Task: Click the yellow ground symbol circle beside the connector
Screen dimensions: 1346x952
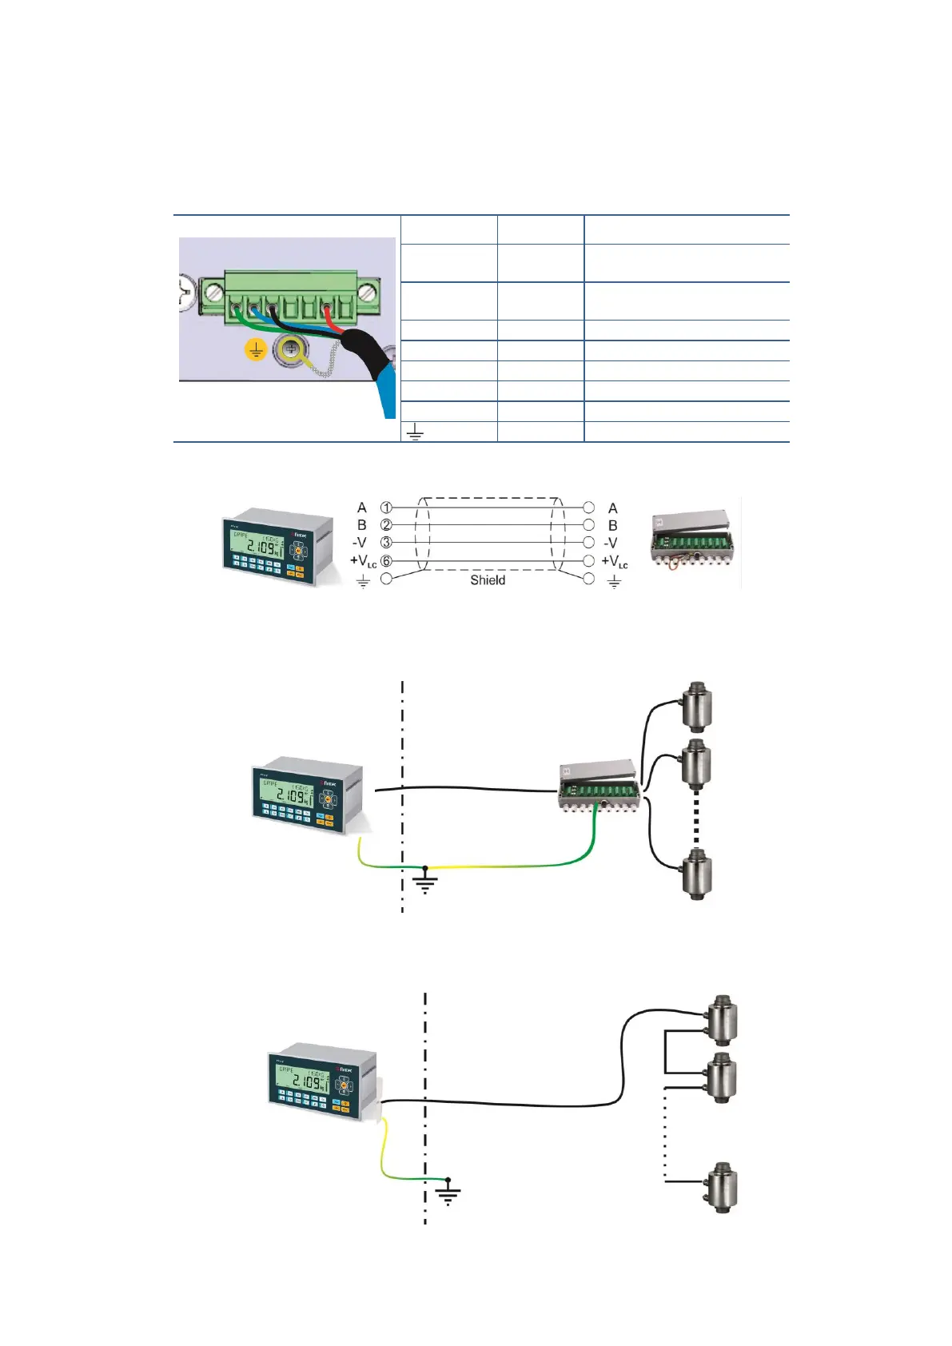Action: [255, 350]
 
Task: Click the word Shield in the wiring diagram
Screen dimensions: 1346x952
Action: [487, 580]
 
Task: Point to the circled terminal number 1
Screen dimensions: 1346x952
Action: [386, 508]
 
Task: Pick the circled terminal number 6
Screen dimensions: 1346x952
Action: [386, 561]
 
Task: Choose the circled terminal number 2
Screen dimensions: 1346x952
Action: [386, 525]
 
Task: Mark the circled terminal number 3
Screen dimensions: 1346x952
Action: [386, 543]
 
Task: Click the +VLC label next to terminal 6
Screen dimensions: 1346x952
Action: [363, 561]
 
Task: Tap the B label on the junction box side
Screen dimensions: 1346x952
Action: [613, 525]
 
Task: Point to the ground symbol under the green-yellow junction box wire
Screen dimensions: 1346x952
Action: [425, 882]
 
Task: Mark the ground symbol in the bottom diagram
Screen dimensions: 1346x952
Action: [448, 1193]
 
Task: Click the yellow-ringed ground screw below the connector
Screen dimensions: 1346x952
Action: [289, 349]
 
